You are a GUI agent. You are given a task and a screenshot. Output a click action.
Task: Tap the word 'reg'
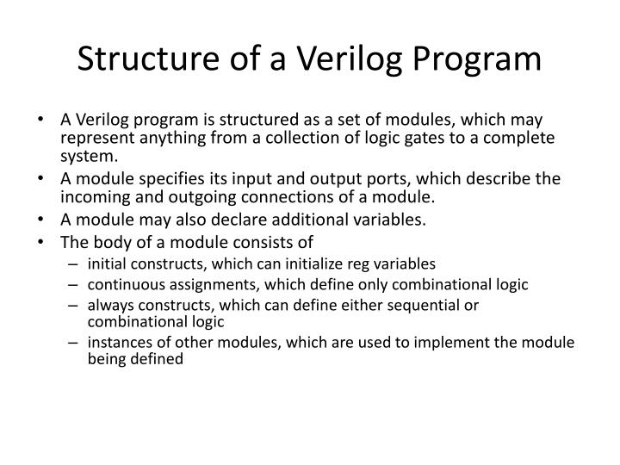(x=338, y=263)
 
